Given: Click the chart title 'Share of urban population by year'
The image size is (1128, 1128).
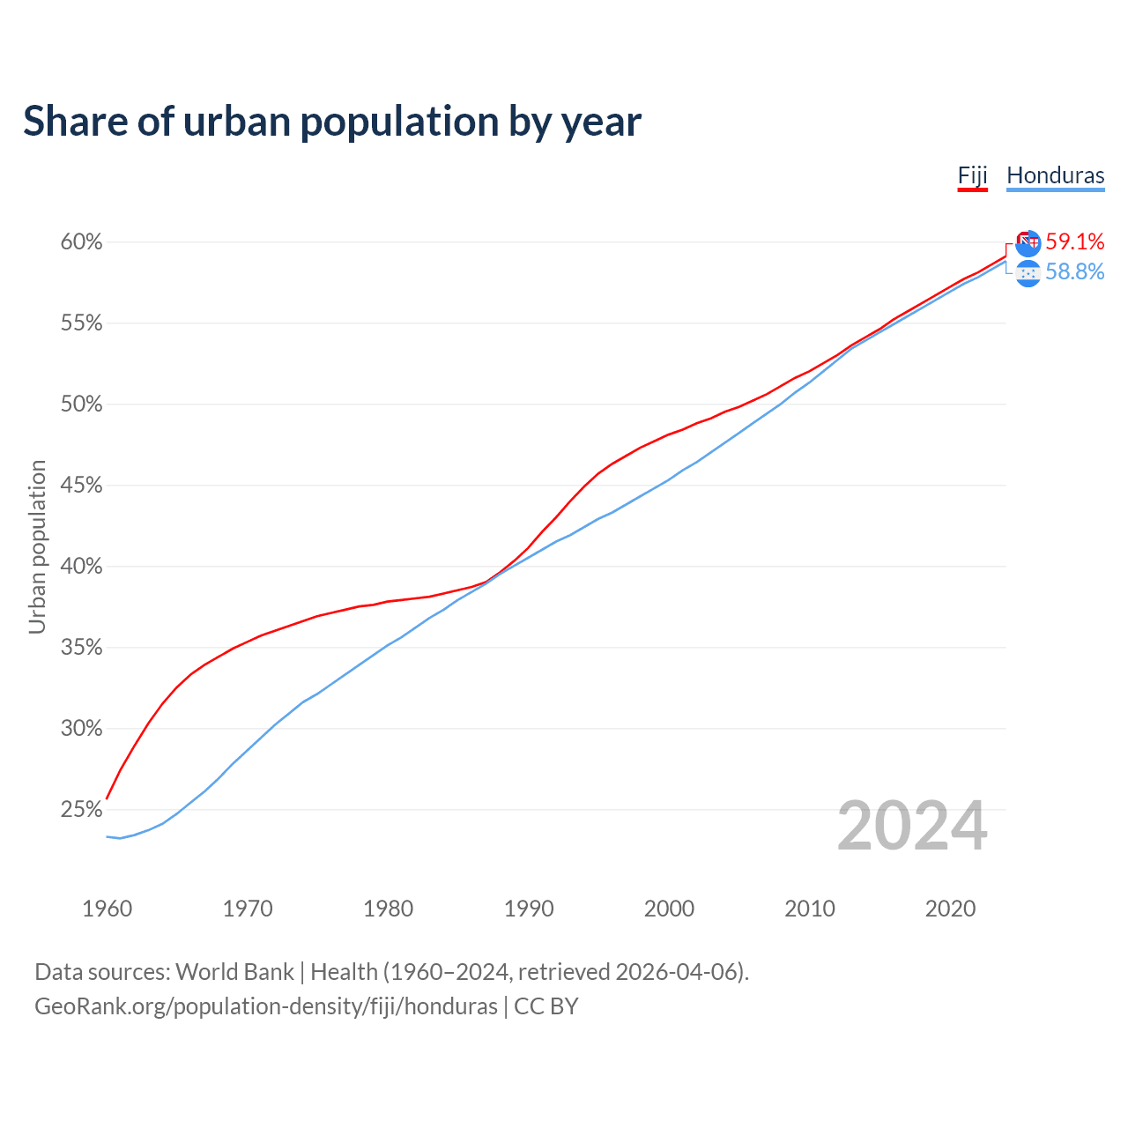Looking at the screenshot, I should (x=332, y=122).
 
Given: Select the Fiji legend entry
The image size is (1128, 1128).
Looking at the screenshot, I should (x=972, y=174).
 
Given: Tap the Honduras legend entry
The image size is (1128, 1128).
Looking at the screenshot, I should (x=1055, y=174).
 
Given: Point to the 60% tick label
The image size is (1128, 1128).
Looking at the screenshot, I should (x=82, y=242).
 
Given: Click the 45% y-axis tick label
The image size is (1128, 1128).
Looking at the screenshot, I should (x=82, y=486).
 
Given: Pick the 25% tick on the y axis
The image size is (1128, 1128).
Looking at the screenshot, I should (x=82, y=810).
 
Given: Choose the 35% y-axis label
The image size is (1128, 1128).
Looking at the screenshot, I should (x=82, y=648).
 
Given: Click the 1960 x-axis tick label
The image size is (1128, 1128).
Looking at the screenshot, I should (x=107, y=909).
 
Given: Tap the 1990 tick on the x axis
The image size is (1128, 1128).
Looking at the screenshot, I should (x=529, y=909).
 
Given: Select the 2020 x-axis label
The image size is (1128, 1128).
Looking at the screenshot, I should (x=950, y=909).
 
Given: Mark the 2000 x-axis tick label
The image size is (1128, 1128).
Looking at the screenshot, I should (x=669, y=909).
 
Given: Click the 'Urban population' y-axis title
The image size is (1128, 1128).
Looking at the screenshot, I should (x=37, y=546).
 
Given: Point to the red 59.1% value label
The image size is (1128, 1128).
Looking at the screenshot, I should (x=1074, y=241).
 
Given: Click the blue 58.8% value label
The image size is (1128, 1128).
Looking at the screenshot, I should (x=1074, y=271).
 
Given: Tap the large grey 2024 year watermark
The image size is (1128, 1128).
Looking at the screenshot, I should (x=912, y=827).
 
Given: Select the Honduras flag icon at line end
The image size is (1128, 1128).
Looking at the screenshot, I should (x=1028, y=273).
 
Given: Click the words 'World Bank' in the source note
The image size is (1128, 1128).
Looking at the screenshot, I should (x=234, y=972).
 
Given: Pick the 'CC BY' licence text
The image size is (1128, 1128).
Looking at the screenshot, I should (x=546, y=1006).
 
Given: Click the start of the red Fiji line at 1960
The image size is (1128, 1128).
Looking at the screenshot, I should (x=108, y=798).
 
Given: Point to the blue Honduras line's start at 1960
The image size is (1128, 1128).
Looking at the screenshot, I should (x=108, y=836).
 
